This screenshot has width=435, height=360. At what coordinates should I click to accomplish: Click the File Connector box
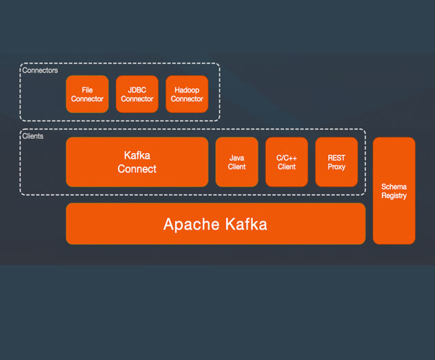87,94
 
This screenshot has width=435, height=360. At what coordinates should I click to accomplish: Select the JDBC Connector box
137,94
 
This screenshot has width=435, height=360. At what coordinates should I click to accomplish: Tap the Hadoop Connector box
187,94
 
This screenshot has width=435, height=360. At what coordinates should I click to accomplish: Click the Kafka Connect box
137,162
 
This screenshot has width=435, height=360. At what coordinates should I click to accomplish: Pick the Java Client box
236,162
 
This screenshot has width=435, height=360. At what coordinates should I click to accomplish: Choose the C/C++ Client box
287,162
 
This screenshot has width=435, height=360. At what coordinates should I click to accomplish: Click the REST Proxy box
336,162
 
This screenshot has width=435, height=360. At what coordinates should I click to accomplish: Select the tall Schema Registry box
394,190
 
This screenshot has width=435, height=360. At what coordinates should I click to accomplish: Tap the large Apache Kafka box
216,223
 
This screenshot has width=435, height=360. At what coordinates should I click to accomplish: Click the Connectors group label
40,70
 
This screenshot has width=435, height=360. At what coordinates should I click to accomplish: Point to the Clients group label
32,136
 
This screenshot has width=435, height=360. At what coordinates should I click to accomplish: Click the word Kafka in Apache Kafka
246,223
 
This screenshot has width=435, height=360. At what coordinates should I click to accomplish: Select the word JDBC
137,90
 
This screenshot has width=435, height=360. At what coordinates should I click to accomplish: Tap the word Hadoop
187,90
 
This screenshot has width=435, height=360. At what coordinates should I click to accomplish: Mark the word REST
336,158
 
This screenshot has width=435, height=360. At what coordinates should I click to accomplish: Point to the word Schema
394,186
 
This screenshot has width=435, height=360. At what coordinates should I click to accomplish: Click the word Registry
394,196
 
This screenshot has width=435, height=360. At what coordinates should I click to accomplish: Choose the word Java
236,158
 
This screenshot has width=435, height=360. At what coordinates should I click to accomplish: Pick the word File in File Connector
87,90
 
